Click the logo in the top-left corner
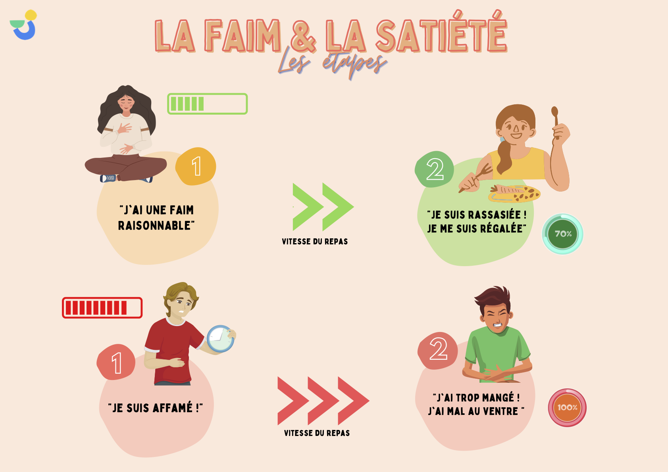click(x=24, y=25)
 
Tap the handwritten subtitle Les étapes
click(x=333, y=63)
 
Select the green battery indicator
click(x=207, y=104)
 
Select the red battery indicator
click(x=102, y=308)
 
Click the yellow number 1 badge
click(x=196, y=166)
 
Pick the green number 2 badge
click(x=435, y=169)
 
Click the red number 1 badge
click(x=116, y=362)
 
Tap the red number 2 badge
click(x=438, y=350)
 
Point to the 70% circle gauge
click(x=563, y=234)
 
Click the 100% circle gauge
click(x=567, y=408)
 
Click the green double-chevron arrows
click(x=323, y=207)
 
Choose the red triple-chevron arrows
click(x=323, y=401)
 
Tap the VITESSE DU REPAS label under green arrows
click(x=315, y=242)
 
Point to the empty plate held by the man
click(x=220, y=339)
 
